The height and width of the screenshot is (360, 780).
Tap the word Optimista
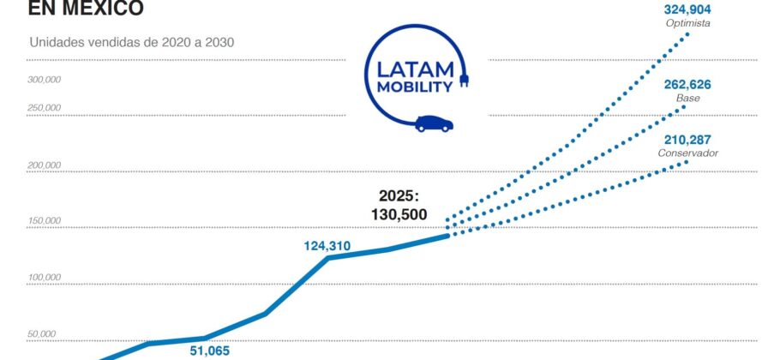click(687, 23)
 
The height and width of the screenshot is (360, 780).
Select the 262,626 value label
click(687, 85)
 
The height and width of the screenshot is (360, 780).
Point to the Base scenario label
click(687, 99)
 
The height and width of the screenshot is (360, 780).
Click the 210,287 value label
click(687, 139)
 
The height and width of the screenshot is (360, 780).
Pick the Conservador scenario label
click(687, 153)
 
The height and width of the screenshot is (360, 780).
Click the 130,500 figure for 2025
click(399, 214)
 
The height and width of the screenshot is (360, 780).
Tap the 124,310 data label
click(327, 246)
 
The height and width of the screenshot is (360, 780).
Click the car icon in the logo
click(434, 123)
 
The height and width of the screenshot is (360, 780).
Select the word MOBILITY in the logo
click(413, 87)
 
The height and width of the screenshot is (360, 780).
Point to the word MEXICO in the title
click(95, 9)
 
